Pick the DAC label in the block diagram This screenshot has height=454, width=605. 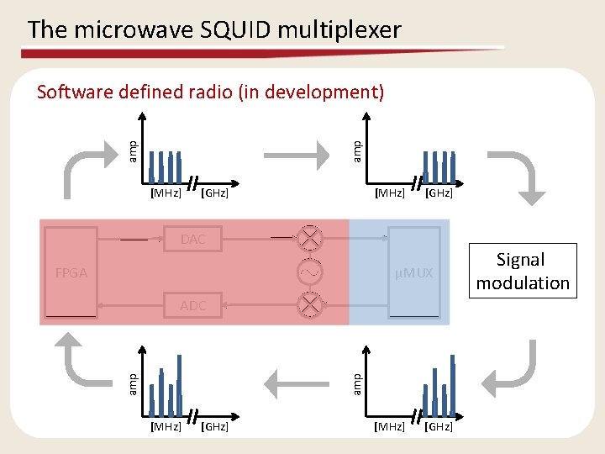tap(192, 240)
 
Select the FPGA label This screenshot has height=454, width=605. tap(71, 273)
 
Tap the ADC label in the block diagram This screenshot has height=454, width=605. tap(192, 306)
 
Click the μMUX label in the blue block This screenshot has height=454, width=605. tap(415, 273)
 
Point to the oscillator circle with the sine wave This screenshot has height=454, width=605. tap(311, 273)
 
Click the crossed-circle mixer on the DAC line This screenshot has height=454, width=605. tap(311, 238)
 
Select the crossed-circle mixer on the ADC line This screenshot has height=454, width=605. tap(311, 304)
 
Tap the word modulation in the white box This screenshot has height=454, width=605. tap(523, 283)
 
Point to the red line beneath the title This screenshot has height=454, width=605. tap(260, 52)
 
